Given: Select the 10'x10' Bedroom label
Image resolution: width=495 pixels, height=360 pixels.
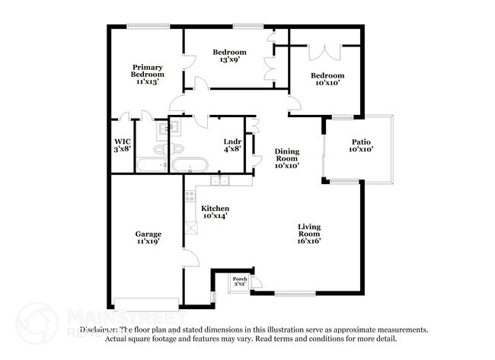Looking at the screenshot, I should pyautogui.click(x=327, y=76).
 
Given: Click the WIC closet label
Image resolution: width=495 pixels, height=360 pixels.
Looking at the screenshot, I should pyautogui.click(x=122, y=142).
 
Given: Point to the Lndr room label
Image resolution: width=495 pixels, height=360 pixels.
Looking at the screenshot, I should pyautogui.click(x=232, y=142).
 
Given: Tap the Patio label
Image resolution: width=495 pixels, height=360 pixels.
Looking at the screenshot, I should pyautogui.click(x=360, y=142).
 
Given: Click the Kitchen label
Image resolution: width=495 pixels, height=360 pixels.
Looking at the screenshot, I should pyautogui.click(x=215, y=209).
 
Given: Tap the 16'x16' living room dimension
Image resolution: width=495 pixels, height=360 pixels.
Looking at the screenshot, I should pyautogui.click(x=309, y=241).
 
